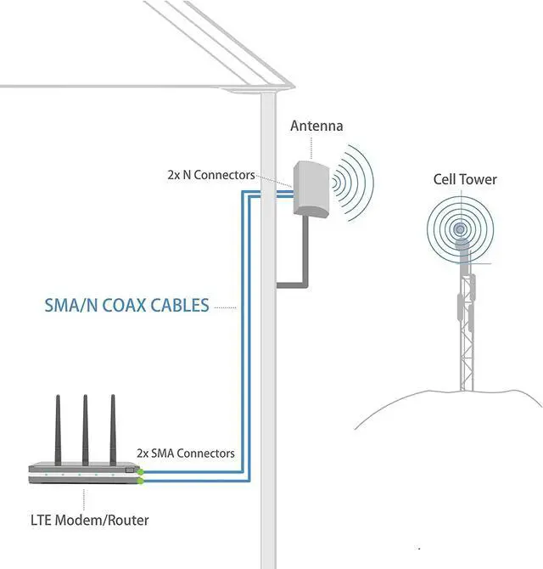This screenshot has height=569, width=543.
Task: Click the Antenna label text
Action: [x=316, y=126]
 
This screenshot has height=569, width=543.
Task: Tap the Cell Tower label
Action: [x=465, y=179]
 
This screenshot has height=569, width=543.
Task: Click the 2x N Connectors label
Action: [x=210, y=175]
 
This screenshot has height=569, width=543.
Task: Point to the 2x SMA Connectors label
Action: [x=186, y=453]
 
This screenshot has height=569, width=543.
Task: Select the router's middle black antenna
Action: [x=86, y=428]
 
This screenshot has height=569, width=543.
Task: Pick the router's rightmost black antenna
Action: [x=112, y=428]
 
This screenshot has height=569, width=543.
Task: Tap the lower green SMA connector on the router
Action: [x=142, y=481]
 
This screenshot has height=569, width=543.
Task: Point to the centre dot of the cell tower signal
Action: [x=460, y=228]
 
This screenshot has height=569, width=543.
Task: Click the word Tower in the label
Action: [x=479, y=179]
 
